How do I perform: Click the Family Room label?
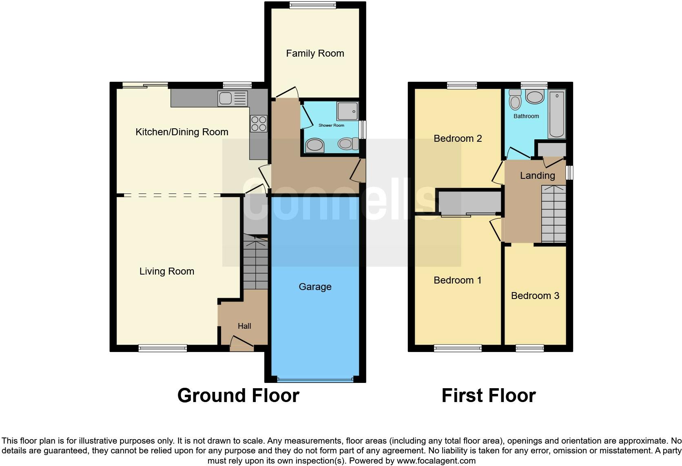pos(315,53)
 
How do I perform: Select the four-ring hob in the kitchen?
pos(259,124)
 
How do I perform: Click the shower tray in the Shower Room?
pos(348,111)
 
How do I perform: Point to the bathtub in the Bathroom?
pos(557,114)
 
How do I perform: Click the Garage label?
pos(315,287)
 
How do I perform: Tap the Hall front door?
pos(241,344)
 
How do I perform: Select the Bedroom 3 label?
pos(535,296)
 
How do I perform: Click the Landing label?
pos(537,176)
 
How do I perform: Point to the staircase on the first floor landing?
pos(554,214)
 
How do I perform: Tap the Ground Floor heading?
pos(238,396)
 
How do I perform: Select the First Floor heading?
pos(488,396)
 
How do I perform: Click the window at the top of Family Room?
pos(313,5)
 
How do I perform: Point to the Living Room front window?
pos(163,348)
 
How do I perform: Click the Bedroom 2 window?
pos(462,85)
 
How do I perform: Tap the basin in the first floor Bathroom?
pos(534,97)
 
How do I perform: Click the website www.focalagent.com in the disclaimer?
pos(436,461)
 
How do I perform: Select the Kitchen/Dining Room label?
pos(182,132)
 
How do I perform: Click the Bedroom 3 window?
pos(529,348)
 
